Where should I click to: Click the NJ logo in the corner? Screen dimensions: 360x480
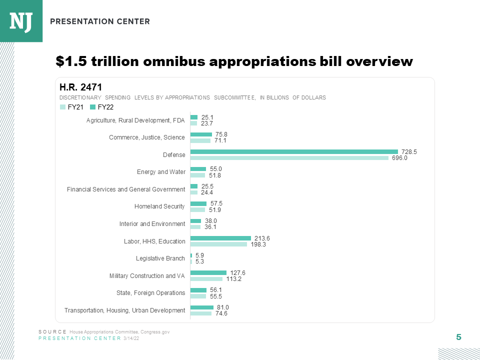21,21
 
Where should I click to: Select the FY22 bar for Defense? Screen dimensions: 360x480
294,151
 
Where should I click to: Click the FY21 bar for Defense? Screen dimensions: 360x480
289,158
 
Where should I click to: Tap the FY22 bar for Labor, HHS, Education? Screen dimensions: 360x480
220,238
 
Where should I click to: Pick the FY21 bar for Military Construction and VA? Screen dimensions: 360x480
206,279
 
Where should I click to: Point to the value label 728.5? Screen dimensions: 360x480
409,151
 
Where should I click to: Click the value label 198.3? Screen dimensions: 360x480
258,244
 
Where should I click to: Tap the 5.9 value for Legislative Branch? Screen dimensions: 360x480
199,255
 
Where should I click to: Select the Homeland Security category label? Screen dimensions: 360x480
159,206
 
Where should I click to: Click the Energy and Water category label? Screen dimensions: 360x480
161,172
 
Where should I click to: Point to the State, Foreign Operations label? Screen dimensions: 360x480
150,293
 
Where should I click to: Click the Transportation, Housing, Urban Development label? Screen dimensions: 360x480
124,310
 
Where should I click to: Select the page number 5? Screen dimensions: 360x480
458,337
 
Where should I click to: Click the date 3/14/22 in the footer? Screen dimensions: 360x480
131,338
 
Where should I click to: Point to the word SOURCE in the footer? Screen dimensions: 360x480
52,332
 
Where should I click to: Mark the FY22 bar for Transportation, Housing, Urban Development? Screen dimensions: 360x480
202,307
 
